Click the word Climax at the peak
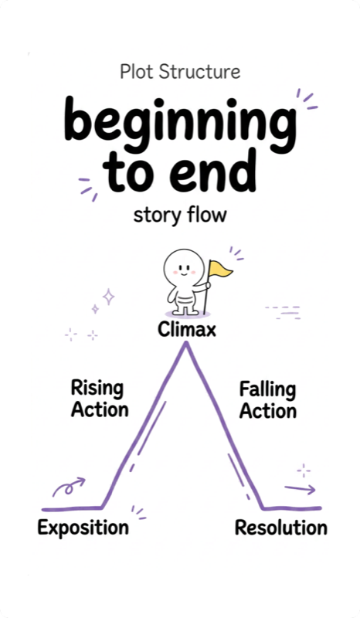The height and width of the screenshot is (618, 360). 186,330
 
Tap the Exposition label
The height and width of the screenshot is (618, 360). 83,528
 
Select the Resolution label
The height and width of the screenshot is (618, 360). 280,528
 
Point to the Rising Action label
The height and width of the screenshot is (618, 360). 99,399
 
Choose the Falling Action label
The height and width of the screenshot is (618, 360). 267,399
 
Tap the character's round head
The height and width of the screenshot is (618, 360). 183,267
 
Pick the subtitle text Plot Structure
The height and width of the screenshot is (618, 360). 180,72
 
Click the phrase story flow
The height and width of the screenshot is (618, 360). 179,214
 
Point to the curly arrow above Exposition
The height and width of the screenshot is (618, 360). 67,487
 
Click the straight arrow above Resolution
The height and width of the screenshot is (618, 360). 299,489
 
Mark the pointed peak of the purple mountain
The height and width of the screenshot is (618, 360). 185,345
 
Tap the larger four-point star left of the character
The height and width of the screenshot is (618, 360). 109,296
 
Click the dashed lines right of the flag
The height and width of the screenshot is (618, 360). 282,311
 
